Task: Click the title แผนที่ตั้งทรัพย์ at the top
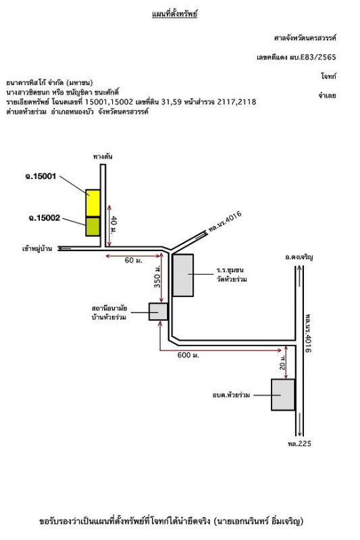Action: coord(174,14)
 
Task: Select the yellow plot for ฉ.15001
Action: coord(93,203)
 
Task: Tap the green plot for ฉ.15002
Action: coord(93,226)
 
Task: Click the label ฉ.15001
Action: coord(41,176)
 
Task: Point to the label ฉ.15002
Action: coord(45,218)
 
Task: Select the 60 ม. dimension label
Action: coord(133,261)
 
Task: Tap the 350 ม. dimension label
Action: coord(157,277)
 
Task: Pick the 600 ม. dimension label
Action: coord(188,355)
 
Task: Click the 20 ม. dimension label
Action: coord(282,362)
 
